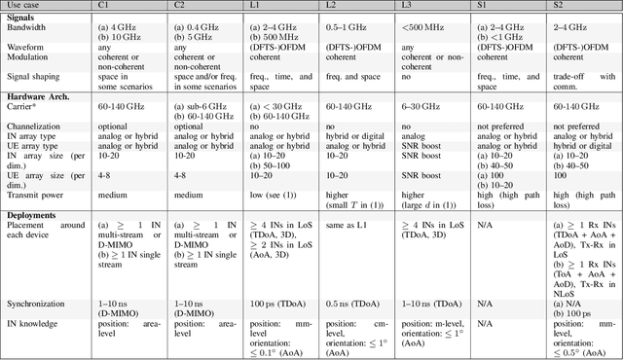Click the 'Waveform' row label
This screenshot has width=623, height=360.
28,45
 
